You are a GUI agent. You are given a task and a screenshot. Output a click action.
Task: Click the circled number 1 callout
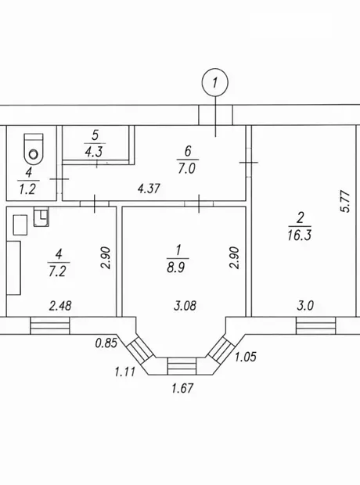coord(214,82)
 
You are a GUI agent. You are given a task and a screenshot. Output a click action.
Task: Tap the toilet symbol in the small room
coord(34,149)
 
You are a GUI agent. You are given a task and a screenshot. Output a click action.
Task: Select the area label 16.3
coord(299,235)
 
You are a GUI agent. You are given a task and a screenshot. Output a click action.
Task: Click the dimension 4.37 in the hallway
coord(149,188)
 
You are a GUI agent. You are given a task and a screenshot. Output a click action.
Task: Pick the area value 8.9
coord(176,267)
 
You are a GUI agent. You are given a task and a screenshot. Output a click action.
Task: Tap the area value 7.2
coord(57,271)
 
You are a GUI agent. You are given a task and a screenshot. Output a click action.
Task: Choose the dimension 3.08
coord(185,305)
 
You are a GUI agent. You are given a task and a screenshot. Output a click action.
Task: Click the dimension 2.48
coord(60,305)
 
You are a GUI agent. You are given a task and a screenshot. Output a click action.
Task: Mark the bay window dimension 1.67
coord(182,387)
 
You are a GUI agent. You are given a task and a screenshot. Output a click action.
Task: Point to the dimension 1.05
coord(246,357)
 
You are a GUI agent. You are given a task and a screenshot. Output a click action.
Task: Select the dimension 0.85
coord(106,343)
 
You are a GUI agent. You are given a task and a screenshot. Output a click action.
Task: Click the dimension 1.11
coord(124,371)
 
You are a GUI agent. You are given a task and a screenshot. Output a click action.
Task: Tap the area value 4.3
coord(93,152)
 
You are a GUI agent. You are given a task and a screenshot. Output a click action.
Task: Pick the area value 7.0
coord(187,168)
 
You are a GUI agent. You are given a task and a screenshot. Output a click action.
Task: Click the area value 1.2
coord(28,189)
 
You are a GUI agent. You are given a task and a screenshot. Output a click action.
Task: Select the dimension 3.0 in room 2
coord(305,305)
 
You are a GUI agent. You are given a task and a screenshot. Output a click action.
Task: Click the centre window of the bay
coord(182,366)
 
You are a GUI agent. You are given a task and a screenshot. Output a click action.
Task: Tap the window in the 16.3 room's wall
coord(315,325)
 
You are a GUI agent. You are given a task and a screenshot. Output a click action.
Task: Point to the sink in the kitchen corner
coord(41,217)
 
